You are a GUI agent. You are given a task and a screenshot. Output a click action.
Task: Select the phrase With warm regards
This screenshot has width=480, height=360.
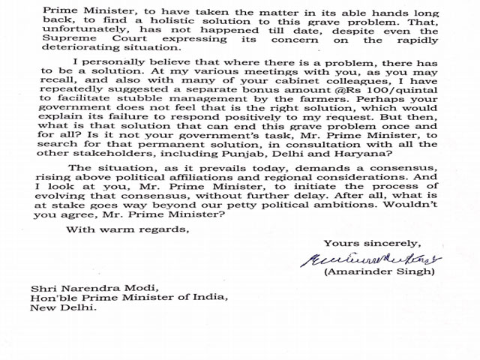point(127,229)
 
